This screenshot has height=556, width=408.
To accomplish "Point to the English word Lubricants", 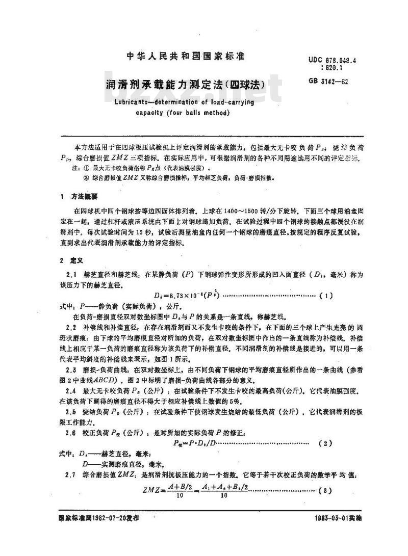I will [127, 101].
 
